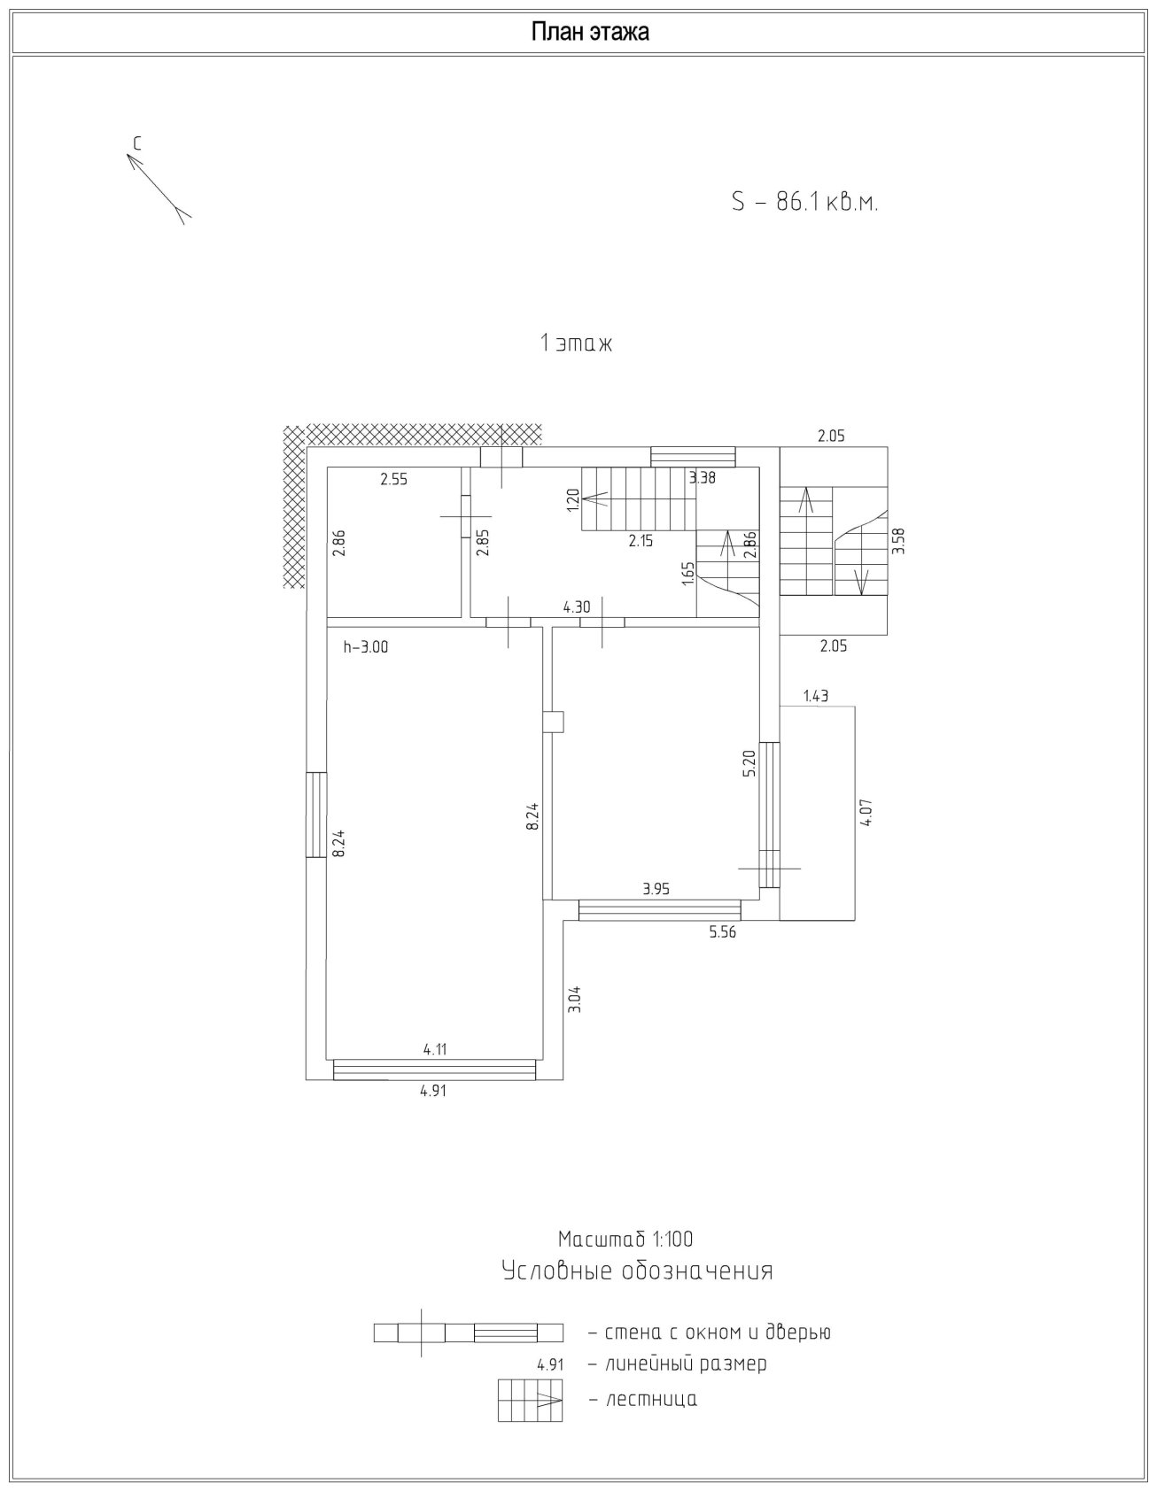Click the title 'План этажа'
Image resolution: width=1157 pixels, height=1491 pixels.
[x=590, y=33]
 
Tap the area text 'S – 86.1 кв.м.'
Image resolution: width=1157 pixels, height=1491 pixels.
[x=804, y=203]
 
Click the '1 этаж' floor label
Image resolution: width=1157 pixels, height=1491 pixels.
[x=576, y=344]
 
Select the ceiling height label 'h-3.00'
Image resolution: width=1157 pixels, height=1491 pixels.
[x=366, y=647]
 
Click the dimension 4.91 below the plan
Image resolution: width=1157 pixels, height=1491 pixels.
[x=433, y=1091]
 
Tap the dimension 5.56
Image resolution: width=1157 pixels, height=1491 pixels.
[x=722, y=931]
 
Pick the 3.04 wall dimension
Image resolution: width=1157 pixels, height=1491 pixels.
[x=574, y=1000]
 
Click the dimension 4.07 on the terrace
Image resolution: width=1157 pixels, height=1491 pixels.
[x=866, y=813]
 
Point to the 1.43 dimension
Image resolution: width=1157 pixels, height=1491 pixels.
[x=816, y=696]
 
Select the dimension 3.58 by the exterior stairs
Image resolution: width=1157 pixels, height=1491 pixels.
[x=898, y=540]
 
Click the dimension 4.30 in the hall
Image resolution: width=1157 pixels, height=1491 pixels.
[x=577, y=608]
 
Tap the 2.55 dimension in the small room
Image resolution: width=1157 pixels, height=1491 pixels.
[x=393, y=480]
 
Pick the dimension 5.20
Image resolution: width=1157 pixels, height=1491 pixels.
[x=749, y=763]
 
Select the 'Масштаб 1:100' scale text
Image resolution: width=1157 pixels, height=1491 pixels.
[x=625, y=1239]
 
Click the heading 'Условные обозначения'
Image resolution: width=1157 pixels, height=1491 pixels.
[x=637, y=1271]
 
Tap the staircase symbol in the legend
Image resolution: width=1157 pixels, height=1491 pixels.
[x=531, y=1400]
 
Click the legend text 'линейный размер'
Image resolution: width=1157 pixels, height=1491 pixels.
[x=686, y=1364]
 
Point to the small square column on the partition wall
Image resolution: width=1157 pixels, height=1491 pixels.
[x=554, y=722]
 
